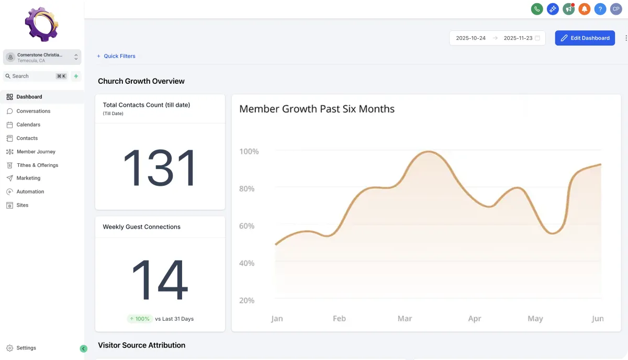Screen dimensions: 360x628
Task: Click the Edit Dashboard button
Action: click(585, 38)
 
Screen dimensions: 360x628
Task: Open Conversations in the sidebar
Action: click(33, 111)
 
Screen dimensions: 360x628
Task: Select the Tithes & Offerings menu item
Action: click(37, 165)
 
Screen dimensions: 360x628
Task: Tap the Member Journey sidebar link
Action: click(36, 152)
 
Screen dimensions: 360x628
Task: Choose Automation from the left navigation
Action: click(30, 192)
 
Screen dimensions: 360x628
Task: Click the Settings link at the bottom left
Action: click(26, 348)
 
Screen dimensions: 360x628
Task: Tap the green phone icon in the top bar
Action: click(536, 9)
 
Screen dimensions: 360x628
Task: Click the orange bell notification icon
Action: click(585, 9)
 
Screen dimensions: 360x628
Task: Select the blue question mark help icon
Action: click(600, 9)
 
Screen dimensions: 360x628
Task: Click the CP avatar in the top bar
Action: click(616, 9)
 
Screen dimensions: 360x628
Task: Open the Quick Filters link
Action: click(119, 56)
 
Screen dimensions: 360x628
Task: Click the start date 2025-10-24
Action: click(470, 38)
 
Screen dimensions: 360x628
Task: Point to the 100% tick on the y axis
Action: click(249, 152)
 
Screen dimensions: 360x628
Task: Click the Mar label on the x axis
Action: click(405, 319)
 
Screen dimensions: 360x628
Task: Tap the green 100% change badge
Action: click(139, 319)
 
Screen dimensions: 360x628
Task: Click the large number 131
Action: click(160, 168)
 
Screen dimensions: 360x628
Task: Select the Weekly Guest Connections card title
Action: click(141, 227)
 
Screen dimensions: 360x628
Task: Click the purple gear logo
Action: click(41, 24)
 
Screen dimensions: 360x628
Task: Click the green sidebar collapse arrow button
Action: click(83, 348)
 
